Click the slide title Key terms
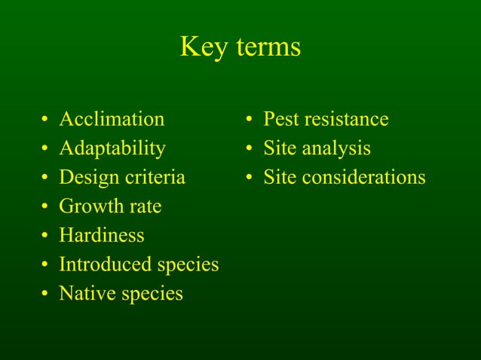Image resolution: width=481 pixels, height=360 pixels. coord(240,47)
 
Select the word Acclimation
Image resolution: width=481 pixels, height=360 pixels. coord(112,119)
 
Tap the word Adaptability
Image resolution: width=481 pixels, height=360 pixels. coord(112,148)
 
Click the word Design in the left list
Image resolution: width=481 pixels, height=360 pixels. coord(84,178)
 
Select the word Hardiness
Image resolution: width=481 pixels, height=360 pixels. coord(102,236)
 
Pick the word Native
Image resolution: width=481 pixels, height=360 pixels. coord(83,294)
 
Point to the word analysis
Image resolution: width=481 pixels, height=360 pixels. coord(336,149)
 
